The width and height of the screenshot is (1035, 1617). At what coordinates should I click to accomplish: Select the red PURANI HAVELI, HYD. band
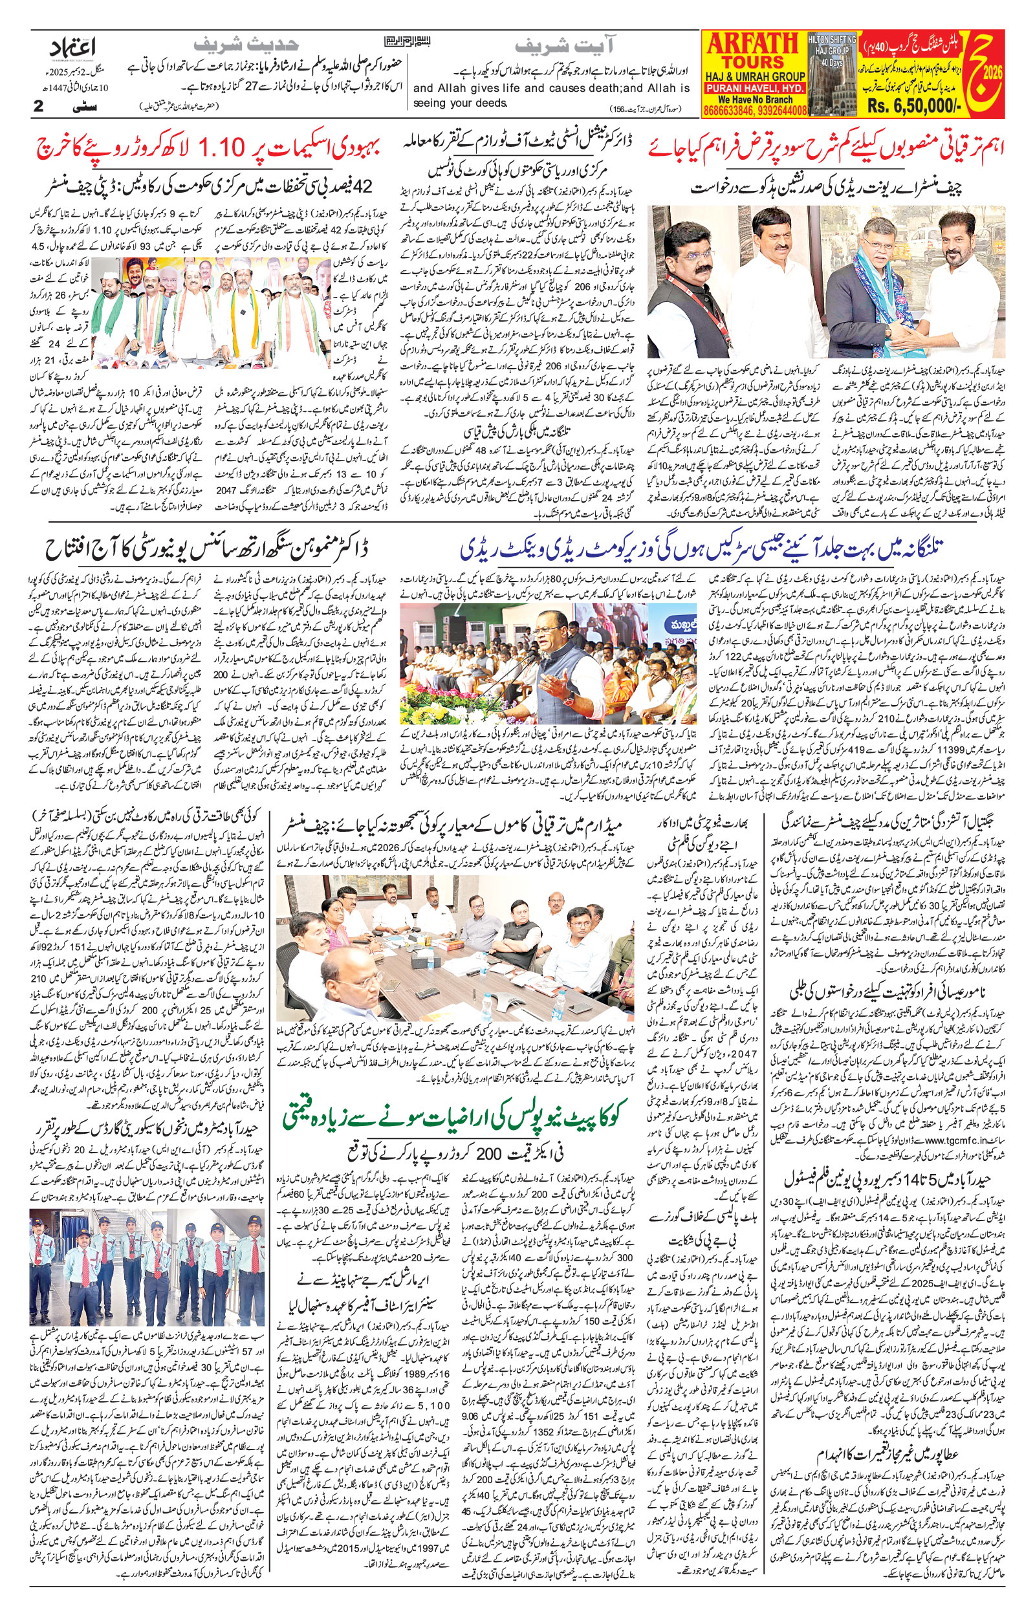point(755,87)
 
